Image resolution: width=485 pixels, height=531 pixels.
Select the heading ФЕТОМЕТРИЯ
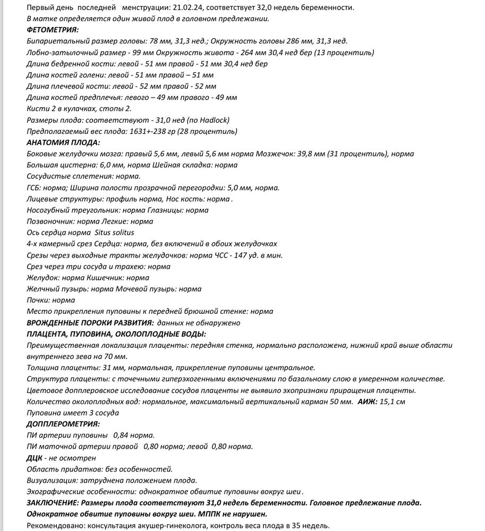[52, 30]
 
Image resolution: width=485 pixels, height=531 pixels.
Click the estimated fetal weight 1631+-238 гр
[149, 131]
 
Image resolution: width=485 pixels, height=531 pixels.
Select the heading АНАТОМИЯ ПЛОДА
[63, 142]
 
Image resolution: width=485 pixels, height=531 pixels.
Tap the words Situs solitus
[114, 233]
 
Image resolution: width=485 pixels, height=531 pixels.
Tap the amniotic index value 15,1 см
[392, 402]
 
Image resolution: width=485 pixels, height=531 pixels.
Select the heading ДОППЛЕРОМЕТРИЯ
[63, 424]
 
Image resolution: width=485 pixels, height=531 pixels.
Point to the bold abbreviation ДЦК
[34, 458]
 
